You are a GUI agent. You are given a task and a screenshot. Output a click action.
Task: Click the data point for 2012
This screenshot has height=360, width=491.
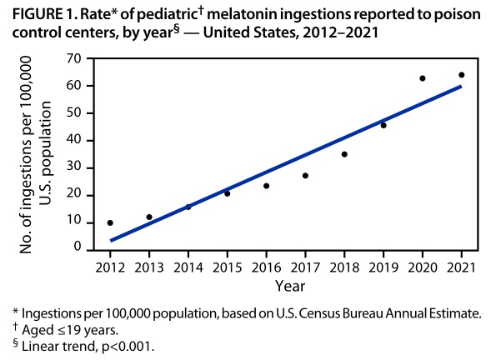pyautogui.click(x=110, y=222)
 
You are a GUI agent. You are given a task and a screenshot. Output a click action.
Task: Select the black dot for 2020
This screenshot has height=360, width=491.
pyautogui.click(x=423, y=78)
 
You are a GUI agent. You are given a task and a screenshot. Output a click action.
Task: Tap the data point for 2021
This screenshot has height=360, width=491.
pyautogui.click(x=461, y=75)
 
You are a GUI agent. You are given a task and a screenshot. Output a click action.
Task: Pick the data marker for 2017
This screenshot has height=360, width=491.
pyautogui.click(x=305, y=176)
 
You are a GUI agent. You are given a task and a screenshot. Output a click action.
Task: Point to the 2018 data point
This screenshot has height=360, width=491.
pyautogui.click(x=344, y=154)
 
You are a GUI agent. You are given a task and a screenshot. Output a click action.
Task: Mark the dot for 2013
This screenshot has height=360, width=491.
pyautogui.click(x=149, y=217)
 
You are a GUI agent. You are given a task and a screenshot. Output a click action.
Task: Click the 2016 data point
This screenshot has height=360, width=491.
pyautogui.click(x=266, y=186)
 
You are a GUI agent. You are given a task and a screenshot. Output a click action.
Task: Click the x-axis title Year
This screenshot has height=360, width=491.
pyautogui.click(x=285, y=284)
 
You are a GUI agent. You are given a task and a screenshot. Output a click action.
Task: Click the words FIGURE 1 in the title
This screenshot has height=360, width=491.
pyautogui.click(x=36, y=13)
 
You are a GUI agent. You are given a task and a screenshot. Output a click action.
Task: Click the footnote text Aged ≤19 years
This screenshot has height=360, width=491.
pyautogui.click(x=60, y=330)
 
